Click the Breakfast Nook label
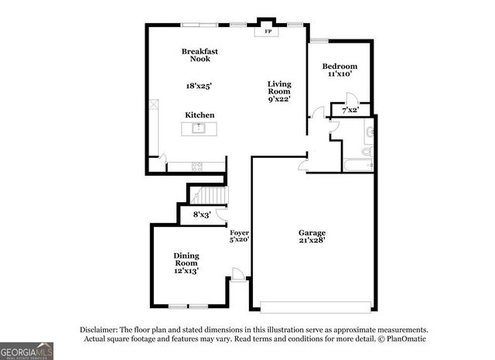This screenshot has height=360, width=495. [200, 55]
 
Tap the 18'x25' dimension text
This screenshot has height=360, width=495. [200, 86]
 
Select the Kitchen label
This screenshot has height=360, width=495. [200, 115]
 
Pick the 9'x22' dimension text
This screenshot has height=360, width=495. [279, 98]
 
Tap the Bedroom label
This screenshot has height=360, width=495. [340, 66]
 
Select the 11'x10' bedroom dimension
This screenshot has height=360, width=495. [340, 74]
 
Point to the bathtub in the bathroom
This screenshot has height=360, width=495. [357, 164]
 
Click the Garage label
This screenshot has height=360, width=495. [312, 232]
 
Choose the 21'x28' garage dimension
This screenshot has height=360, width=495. [312, 241]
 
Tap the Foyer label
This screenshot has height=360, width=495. [239, 232]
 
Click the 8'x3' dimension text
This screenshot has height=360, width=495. [202, 214]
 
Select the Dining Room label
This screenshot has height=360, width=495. [186, 261]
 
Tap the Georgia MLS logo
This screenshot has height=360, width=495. [27, 350]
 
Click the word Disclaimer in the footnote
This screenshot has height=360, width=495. [100, 329]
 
